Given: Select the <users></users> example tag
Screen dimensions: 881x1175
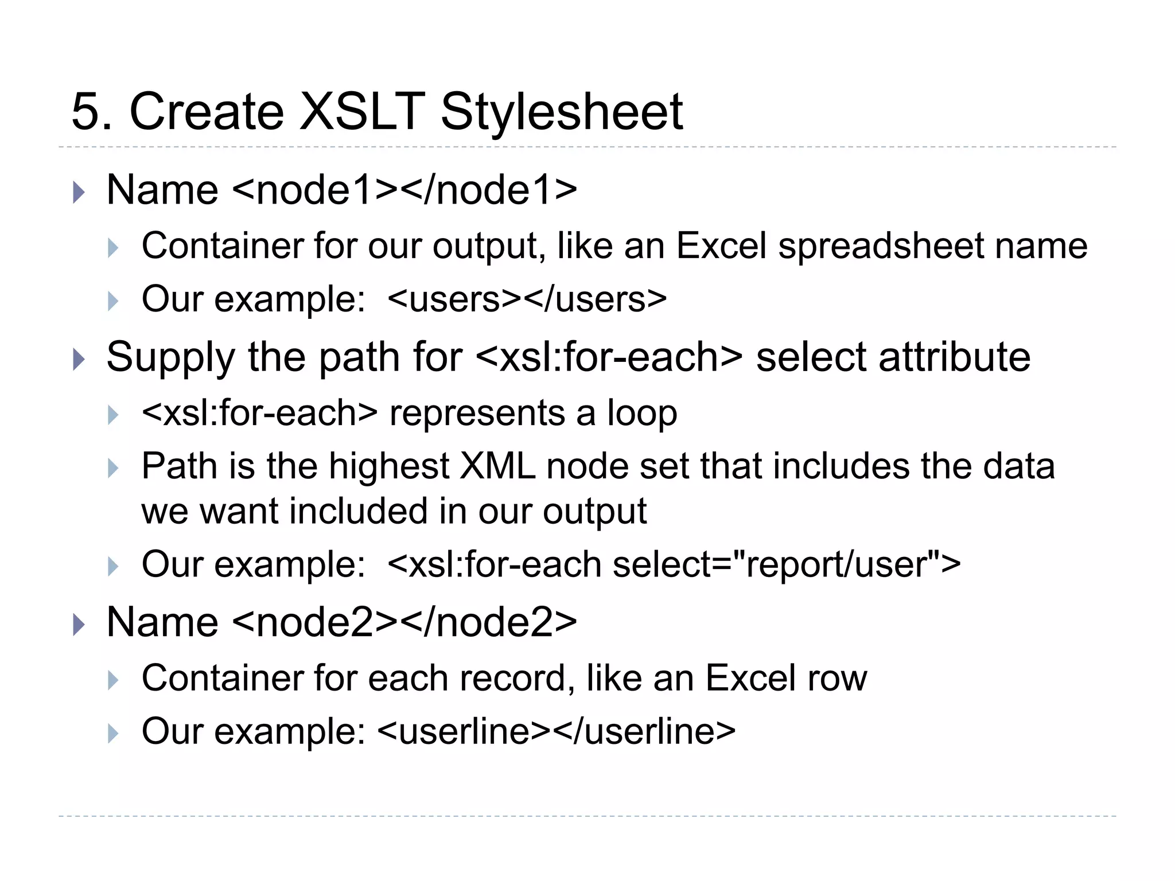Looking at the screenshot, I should pos(527,299).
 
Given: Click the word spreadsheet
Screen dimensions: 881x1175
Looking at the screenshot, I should pos(881,246).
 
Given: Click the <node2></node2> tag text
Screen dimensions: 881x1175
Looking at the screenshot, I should pos(405,622).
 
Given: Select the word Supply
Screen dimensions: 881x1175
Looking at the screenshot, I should pos(170,357).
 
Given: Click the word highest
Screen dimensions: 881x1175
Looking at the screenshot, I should pos(389,466).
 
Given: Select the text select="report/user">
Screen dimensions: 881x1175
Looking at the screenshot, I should pos(786,564).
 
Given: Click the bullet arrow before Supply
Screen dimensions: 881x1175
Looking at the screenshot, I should pos(79,360).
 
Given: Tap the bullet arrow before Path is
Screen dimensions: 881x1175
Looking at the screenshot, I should pos(113,468).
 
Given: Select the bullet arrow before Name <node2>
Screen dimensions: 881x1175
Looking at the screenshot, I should pos(79,625).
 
